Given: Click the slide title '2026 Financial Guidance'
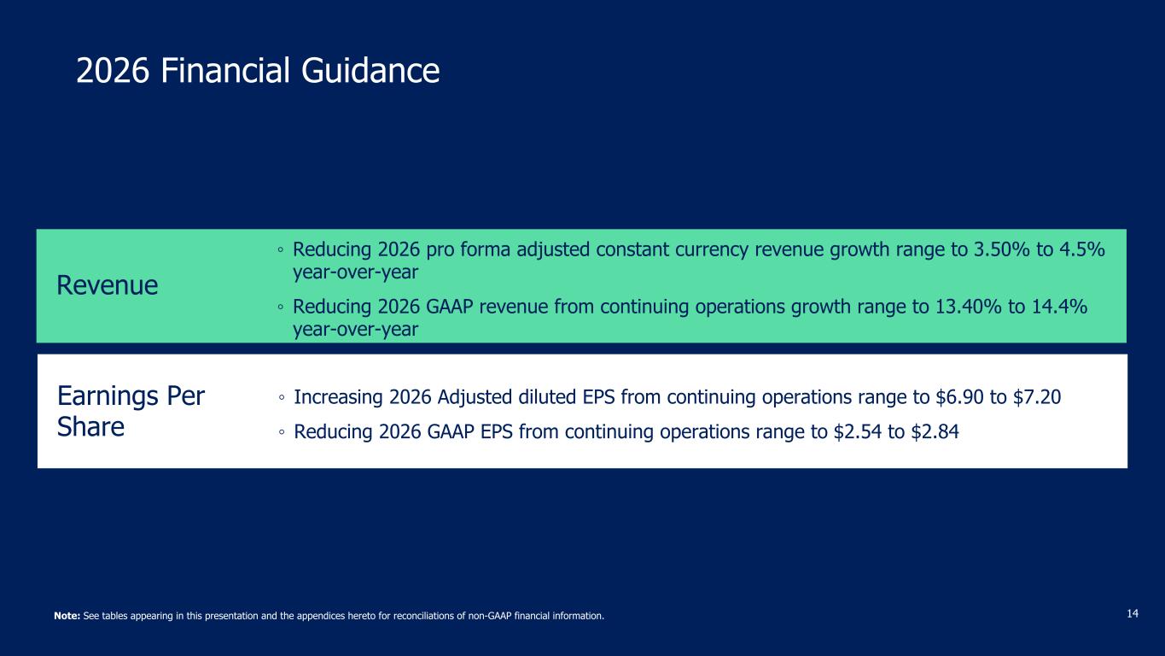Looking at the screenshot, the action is pos(258,70).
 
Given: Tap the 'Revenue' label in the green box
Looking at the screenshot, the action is pos(108,285).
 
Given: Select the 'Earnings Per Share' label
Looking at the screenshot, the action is pos(131,412).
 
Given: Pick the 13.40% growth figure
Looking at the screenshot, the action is pos(968,307).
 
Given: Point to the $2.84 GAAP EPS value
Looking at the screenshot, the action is pos(935,432).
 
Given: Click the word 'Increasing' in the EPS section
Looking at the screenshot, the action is pos(339,398).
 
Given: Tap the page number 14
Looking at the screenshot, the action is pos(1133,614).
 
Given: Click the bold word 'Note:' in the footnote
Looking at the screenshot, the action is pos(67,616).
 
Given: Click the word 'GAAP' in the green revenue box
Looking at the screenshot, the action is pos(449,307).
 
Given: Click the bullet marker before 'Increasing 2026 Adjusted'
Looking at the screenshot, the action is pos(282,398).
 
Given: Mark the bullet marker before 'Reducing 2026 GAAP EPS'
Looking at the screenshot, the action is pos(282,432).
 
